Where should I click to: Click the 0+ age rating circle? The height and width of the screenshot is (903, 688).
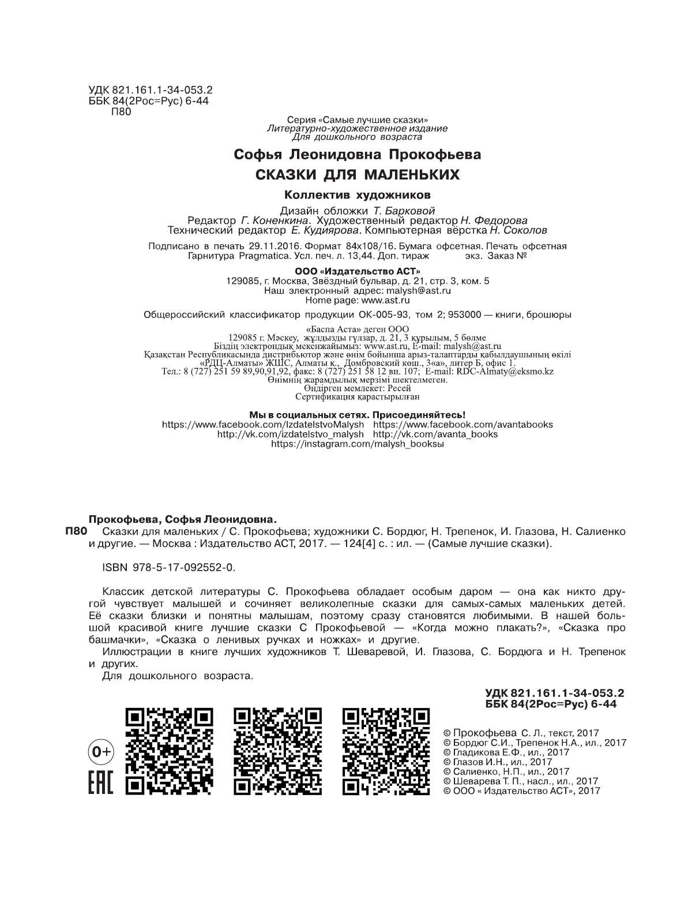[x=101, y=752]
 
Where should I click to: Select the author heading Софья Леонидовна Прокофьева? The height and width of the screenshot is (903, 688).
[x=358, y=155]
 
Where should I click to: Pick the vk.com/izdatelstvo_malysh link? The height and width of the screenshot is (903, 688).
[x=290, y=434]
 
